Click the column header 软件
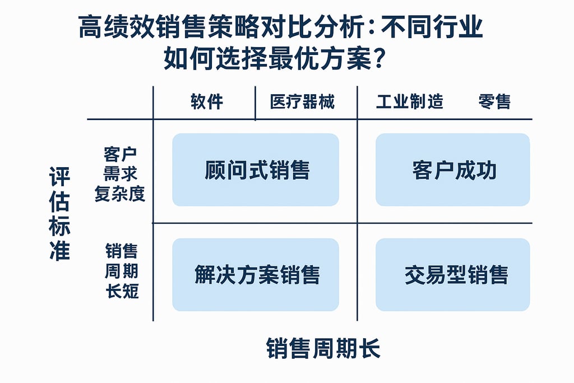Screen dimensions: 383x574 [207, 101]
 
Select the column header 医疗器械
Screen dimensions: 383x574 [302, 101]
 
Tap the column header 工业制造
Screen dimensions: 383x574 [409, 101]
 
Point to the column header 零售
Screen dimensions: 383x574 [494, 101]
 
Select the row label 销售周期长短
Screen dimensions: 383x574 [121, 271]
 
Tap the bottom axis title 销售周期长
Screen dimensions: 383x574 [323, 348]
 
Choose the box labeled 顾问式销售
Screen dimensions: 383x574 [256, 170]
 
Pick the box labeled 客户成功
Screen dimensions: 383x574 [453, 170]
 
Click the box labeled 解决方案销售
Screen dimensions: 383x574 [256, 275]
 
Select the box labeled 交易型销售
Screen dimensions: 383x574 [453, 275]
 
